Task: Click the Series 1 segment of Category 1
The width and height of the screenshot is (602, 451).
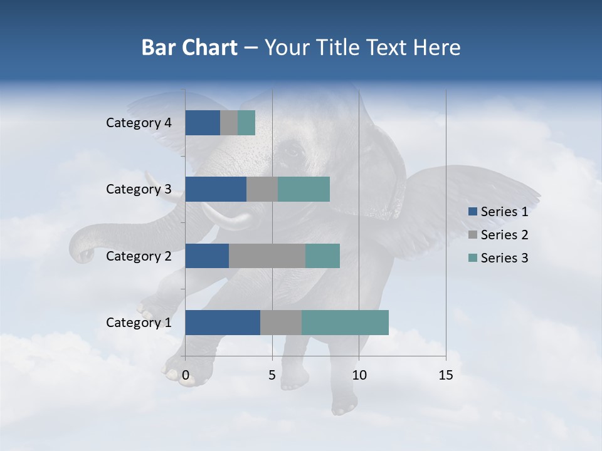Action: [x=223, y=322]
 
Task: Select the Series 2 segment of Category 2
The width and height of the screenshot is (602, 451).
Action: [x=267, y=256]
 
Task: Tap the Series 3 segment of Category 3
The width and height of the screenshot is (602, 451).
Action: [x=304, y=189]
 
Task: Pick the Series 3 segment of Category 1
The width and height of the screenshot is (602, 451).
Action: [x=345, y=322]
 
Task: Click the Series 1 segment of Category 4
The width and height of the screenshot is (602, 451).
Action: [x=203, y=123]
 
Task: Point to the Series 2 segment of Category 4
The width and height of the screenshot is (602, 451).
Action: [x=229, y=123]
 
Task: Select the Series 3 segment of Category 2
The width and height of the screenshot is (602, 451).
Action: [x=322, y=256]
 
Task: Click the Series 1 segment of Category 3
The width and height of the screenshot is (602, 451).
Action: [x=216, y=189]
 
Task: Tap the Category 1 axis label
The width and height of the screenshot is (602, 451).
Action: [x=139, y=323]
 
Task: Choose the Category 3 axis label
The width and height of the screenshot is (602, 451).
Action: [x=139, y=189]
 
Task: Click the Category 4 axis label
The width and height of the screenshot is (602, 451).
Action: [x=139, y=123]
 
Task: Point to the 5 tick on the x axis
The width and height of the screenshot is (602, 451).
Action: [x=272, y=375]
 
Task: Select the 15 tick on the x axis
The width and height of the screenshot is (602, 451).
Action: [x=445, y=375]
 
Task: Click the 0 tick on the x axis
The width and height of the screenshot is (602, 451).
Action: [x=186, y=375]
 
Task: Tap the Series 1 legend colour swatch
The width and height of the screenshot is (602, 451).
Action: [x=472, y=212]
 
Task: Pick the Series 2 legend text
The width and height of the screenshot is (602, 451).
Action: [x=504, y=235]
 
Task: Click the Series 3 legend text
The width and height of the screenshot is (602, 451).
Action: [x=504, y=258]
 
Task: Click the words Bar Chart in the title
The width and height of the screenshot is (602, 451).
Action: [x=189, y=48]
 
